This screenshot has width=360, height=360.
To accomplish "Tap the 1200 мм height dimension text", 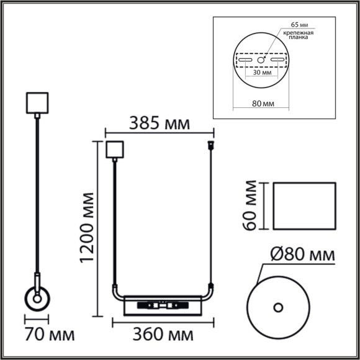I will [86, 228].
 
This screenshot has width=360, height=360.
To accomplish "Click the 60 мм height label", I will [250, 205].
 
